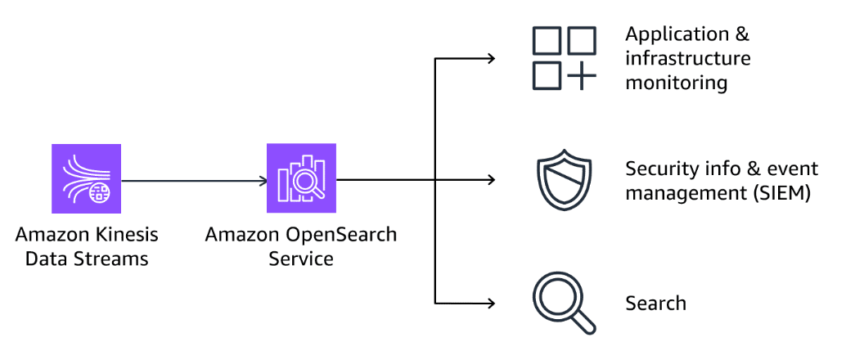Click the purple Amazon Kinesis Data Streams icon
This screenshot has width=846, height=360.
click(x=86, y=178)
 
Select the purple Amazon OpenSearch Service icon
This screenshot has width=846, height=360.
click(x=301, y=178)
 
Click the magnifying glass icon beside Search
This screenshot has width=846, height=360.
click(x=563, y=304)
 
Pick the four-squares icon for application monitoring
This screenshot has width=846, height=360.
click(x=564, y=58)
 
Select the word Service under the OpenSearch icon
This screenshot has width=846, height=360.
click(x=300, y=259)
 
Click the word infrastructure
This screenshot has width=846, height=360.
click(x=687, y=59)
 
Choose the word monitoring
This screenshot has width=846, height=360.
click(x=676, y=83)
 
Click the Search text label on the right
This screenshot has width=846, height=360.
click(x=655, y=304)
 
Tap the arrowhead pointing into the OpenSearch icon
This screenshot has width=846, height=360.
click(x=262, y=180)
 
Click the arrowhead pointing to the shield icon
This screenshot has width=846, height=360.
click(x=491, y=180)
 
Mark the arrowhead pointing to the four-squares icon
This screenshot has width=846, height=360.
click(x=491, y=58)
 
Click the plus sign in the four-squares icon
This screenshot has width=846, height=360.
click(x=581, y=76)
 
